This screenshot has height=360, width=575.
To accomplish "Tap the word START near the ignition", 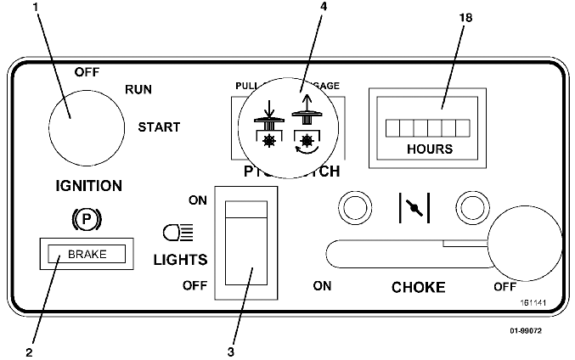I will pos(159,127).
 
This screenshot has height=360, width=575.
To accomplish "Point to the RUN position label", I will pos(138,88).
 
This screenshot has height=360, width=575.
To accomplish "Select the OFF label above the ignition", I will pos(87,71).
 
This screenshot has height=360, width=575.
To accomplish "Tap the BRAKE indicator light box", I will pos(86,252).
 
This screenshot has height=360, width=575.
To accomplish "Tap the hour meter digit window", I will pos(428,128).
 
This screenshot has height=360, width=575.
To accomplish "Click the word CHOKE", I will pos(418,287).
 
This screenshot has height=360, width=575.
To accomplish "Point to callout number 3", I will pos(231,349).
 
